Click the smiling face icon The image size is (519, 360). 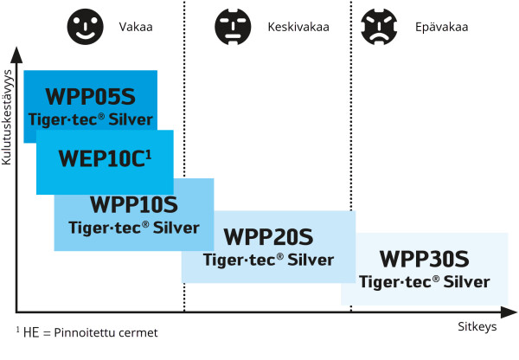coord(84,26)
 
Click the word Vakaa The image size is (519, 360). coord(137,27)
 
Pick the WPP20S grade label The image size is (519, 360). coord(267,235)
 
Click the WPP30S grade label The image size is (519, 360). coord(424,259)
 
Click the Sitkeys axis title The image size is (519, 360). coord(477,328)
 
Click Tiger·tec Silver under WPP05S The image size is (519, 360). coord(91,119)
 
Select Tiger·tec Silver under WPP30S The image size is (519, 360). coord(424,281)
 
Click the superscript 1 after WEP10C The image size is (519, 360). coord(149,152)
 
